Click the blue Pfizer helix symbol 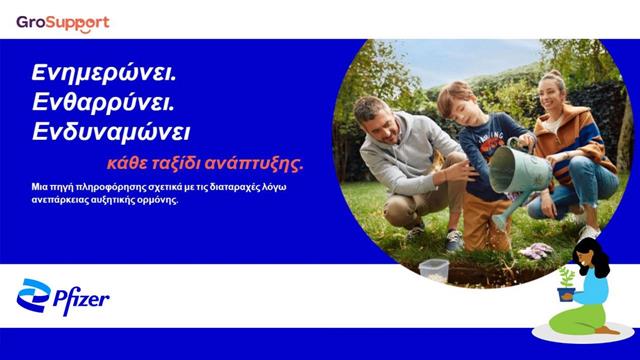(33, 297)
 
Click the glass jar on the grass (434, 268)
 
